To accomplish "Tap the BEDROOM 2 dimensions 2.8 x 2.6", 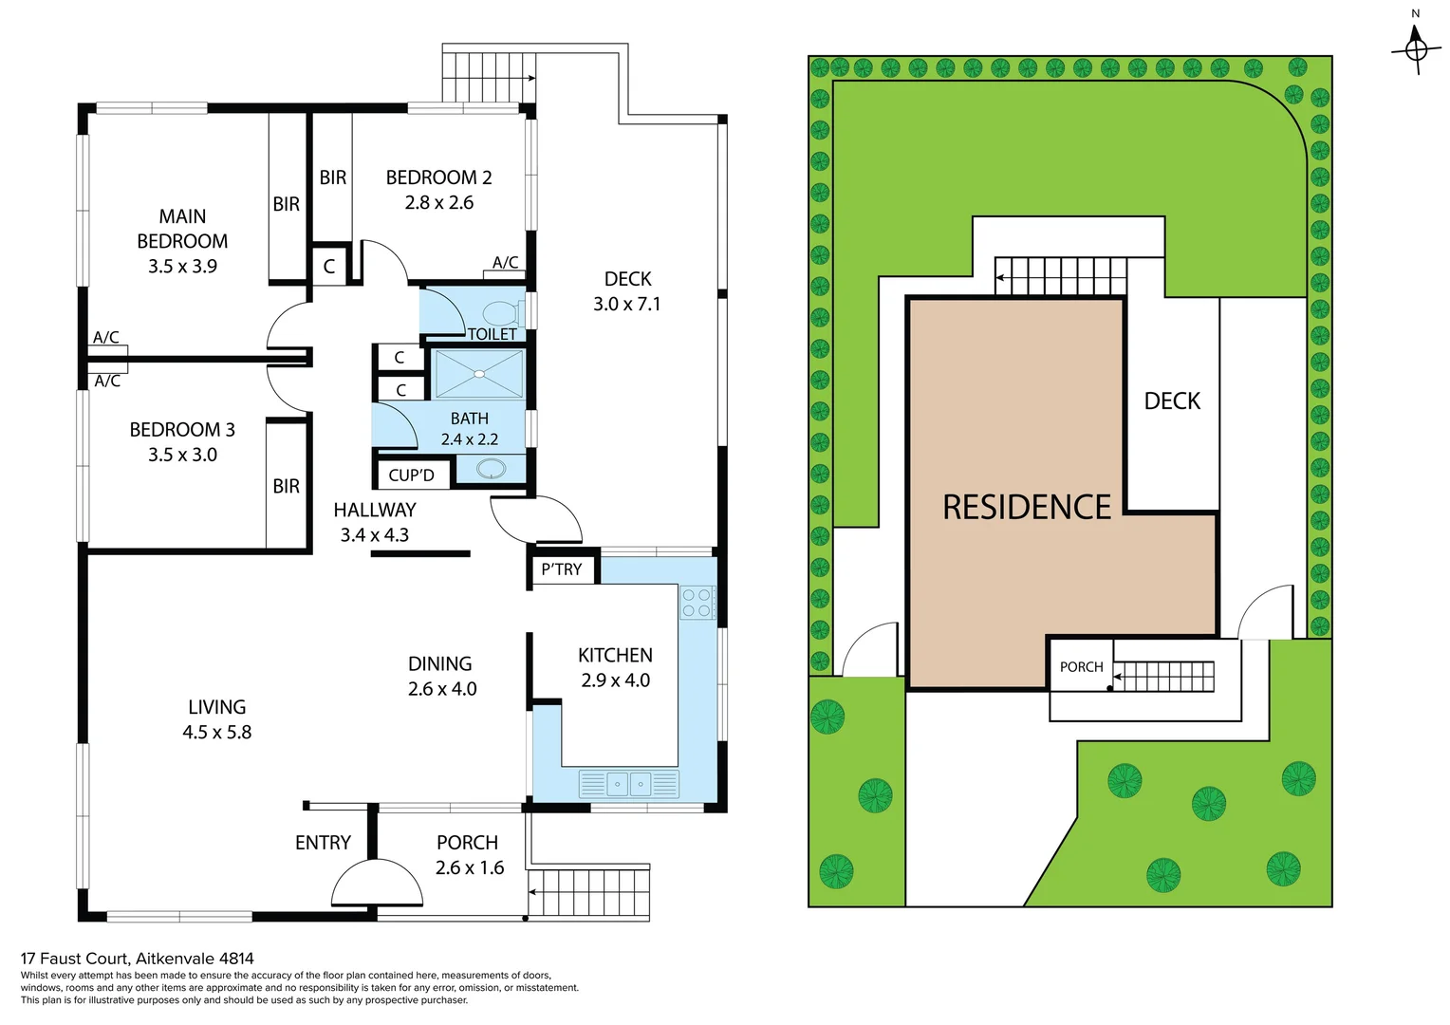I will point(438,202).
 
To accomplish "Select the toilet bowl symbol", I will point(500,313).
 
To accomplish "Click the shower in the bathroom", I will point(479,374).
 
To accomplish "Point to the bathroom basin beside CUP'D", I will point(491,469).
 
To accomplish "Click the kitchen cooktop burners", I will point(697,603).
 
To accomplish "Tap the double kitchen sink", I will point(628,784).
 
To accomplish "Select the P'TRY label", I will point(562,569).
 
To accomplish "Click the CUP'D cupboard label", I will point(411,475).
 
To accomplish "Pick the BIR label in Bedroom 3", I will point(286,486).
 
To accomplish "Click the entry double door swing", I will point(377,885).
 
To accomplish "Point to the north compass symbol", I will point(1416,46).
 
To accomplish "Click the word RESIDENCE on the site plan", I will point(1026,507).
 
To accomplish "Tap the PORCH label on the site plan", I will point(1081,667).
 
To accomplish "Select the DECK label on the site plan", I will point(1172,401).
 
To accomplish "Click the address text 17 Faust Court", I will point(138,959).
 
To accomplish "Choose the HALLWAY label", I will point(374,510).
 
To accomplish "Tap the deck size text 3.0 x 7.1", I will point(626,304).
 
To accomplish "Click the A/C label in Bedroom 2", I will point(505,263).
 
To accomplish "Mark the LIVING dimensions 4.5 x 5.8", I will point(216,732).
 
